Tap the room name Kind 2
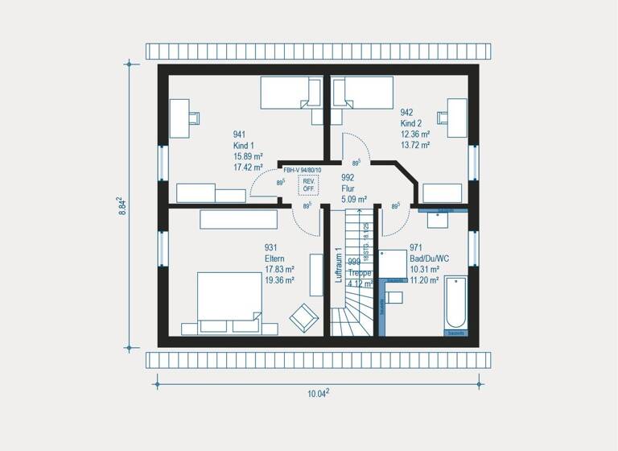pyautogui.click(x=412, y=124)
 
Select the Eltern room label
pyautogui.click(x=276, y=259)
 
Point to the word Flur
pyautogui.click(x=348, y=188)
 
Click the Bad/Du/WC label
pyautogui.click(x=430, y=259)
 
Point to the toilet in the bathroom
pyautogui.click(x=393, y=297)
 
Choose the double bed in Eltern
pyautogui.click(x=229, y=300)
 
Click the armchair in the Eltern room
pyautogui.click(x=303, y=317)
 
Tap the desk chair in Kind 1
pyautogui.click(x=194, y=117)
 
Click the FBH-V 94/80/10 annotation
pyautogui.click(x=303, y=170)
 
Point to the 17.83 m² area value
pyautogui.click(x=279, y=270)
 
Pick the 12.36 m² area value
pyautogui.click(x=415, y=134)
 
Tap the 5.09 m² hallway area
pyautogui.click(x=354, y=199)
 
